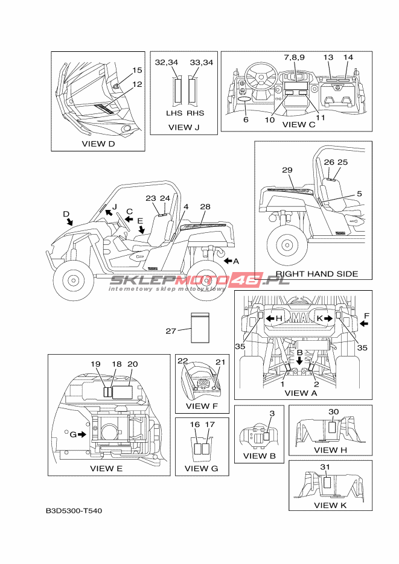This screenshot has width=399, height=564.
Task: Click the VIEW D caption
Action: [x=98, y=144]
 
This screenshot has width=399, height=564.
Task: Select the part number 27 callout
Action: [x=171, y=331]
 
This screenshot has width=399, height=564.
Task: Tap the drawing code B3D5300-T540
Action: [x=74, y=512]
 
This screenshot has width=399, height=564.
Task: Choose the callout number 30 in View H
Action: [x=334, y=411]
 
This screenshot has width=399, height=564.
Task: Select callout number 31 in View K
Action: [x=325, y=467]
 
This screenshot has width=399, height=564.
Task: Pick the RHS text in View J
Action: [x=195, y=113]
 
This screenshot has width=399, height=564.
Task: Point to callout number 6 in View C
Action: [x=246, y=119]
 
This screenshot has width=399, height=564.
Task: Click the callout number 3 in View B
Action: [x=272, y=413]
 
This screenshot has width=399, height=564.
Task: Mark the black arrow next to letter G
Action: [x=81, y=434]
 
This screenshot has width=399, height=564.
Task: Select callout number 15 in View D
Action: [x=137, y=70]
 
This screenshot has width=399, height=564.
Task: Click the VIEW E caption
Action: [x=106, y=468]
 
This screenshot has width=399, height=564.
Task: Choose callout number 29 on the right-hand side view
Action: [x=287, y=170]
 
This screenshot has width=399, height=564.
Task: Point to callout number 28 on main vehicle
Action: [x=205, y=207]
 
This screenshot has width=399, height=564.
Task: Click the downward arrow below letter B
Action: [x=299, y=361]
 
